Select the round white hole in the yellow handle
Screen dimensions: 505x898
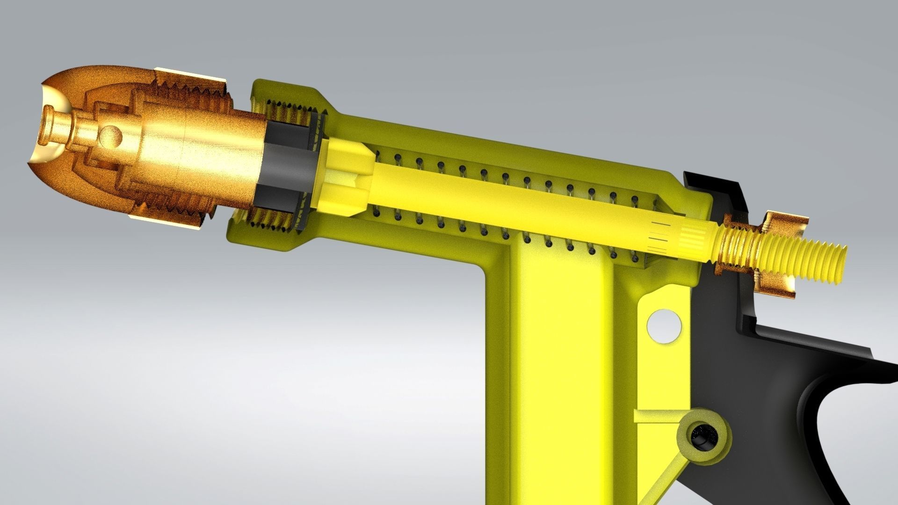[x=664, y=324]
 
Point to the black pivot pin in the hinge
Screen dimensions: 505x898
[x=700, y=438]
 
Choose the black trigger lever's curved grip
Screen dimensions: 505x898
[x=823, y=397]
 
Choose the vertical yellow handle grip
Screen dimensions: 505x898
[x=561, y=374]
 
